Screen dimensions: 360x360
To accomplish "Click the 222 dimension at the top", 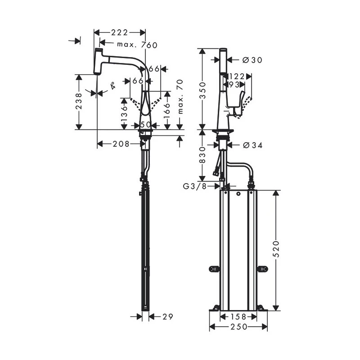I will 119,32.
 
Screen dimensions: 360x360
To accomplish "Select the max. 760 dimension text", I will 137,45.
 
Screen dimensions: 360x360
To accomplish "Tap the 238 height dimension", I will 79,102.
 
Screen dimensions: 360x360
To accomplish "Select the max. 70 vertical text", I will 180,96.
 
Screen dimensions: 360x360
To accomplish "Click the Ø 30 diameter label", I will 252,60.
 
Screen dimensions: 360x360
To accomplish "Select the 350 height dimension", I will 202,90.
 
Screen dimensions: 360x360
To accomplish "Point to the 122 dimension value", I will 237,76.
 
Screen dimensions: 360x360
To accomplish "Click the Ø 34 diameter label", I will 252,145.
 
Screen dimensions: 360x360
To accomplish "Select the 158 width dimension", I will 238,317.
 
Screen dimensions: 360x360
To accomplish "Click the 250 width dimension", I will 238,327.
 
